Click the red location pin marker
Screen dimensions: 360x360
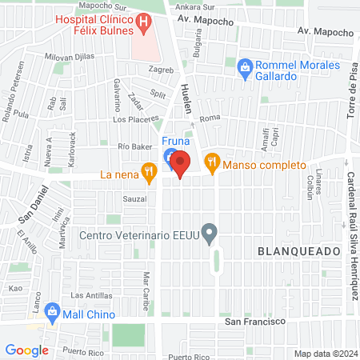[x=180, y=165]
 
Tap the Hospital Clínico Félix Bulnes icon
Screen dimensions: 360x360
[x=143, y=24]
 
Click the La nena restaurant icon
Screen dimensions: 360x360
[x=148, y=170]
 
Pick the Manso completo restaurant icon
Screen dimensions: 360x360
[x=211, y=162]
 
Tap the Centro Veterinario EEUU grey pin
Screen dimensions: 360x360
[x=210, y=234]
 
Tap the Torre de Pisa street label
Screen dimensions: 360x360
[x=350, y=89]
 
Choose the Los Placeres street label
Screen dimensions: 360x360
[x=131, y=119]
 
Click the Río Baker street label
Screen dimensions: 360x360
[x=134, y=147]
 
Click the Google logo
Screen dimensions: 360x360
[x=26, y=350]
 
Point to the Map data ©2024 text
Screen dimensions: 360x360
[x=324, y=354]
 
